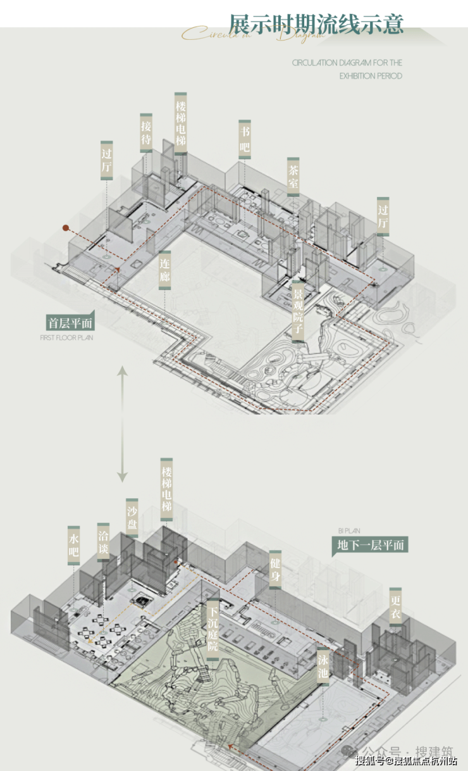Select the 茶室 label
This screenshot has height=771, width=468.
pyautogui.click(x=293, y=177)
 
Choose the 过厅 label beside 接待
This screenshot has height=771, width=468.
pyautogui.click(x=107, y=160)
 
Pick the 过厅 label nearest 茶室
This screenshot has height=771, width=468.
pyautogui.click(x=383, y=215)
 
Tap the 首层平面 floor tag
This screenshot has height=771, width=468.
pyautogui.click(x=70, y=323)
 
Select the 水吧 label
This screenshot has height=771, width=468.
pyautogui.click(x=74, y=545)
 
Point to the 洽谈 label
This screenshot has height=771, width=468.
pyautogui.click(x=103, y=542)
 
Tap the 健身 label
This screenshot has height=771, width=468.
pyautogui.click(x=274, y=568)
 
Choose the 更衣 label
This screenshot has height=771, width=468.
pyautogui.click(x=395, y=606)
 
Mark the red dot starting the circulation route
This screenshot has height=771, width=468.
pyautogui.click(x=65, y=227)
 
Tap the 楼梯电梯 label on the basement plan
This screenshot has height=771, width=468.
pyautogui.click(x=166, y=490)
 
